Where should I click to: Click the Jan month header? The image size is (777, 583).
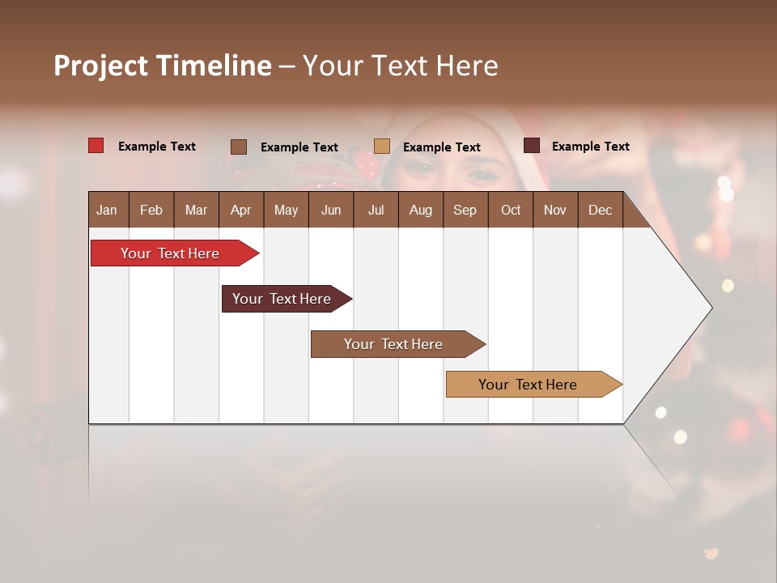(107, 210)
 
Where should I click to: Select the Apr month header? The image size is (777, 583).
(240, 210)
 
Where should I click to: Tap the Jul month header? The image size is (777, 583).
(376, 210)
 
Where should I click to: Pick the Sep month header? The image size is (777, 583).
(465, 210)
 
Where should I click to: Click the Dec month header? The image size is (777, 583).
(600, 210)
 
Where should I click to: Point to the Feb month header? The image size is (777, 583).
(151, 210)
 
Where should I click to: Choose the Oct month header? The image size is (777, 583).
(511, 210)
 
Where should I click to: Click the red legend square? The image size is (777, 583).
(96, 146)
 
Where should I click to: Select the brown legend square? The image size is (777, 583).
(238, 147)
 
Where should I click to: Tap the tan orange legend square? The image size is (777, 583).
(382, 146)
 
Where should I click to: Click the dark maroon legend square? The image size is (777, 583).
(531, 146)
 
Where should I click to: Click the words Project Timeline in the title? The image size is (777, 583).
(163, 66)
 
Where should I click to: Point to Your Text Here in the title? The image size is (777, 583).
(400, 66)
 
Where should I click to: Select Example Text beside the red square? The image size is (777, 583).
(157, 147)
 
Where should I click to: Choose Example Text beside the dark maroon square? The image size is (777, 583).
(590, 147)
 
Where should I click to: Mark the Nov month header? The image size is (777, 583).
(555, 210)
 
